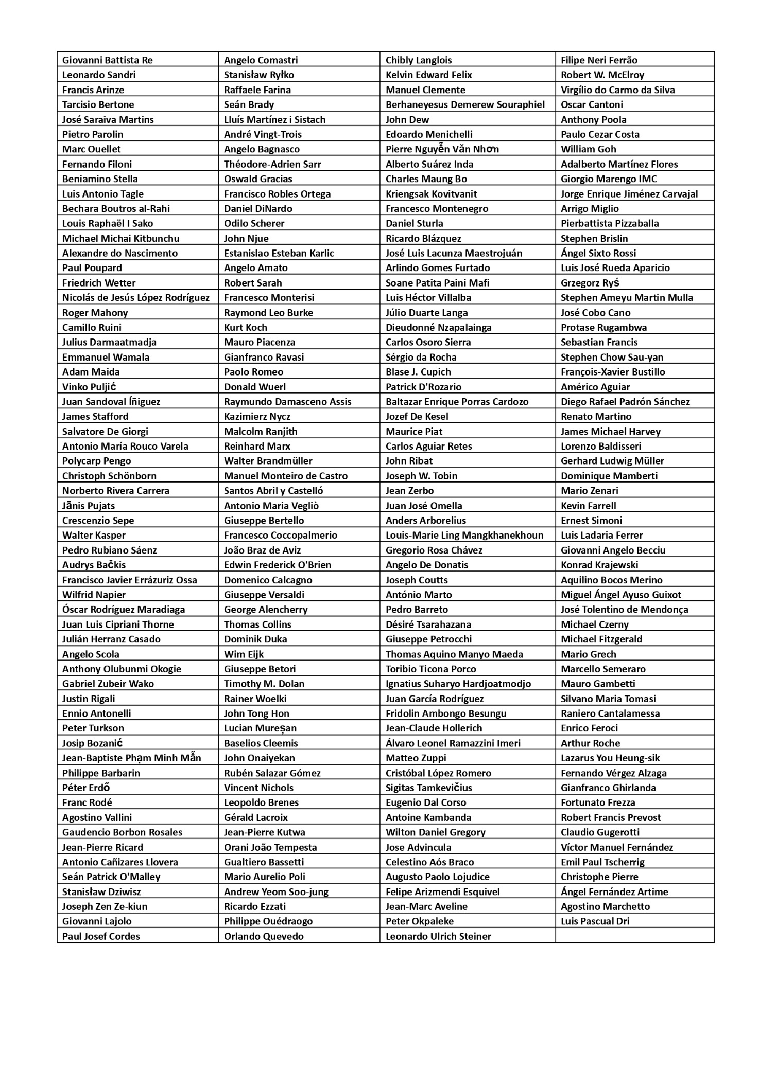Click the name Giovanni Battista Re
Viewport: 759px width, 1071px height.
108,60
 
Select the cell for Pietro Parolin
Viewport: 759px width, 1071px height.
93,134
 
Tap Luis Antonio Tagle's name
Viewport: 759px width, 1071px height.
103,194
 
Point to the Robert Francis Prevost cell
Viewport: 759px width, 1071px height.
611,817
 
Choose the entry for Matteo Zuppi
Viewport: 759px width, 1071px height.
416,758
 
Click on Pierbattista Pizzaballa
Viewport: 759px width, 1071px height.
610,223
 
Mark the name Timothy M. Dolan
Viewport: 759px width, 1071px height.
264,684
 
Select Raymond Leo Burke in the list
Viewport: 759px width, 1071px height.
268,313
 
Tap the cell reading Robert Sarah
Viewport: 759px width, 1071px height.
253,283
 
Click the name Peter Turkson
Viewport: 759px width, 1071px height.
93,728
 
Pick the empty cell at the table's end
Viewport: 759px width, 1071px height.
634,936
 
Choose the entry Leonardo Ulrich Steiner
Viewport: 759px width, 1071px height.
438,936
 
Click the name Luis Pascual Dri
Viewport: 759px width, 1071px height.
595,921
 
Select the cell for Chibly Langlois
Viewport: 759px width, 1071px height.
419,60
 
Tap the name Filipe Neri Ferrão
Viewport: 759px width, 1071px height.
599,60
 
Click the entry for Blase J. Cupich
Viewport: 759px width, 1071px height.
418,372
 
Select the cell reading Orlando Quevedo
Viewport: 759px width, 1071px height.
264,936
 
